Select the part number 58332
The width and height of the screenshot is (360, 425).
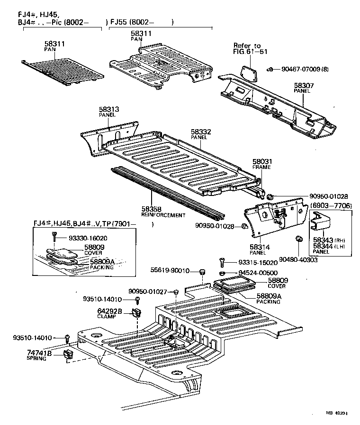tap(200, 132)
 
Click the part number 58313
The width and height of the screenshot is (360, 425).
tap(108, 109)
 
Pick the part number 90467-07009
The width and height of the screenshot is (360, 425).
tap(300, 70)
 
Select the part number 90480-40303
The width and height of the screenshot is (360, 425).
tap(298, 260)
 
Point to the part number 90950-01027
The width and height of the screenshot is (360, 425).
tap(147, 292)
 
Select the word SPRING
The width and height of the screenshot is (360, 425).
tap(36, 359)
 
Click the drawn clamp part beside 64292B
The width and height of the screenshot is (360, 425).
tap(138, 313)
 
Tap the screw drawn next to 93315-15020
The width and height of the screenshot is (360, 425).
tap(221, 261)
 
